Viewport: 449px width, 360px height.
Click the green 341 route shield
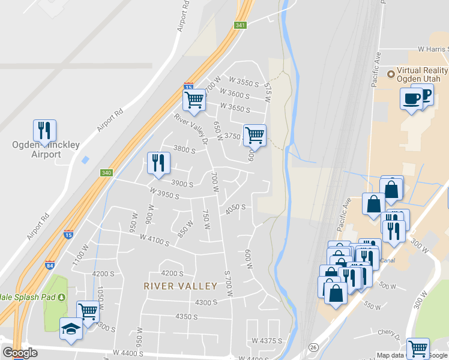(x=240, y=25)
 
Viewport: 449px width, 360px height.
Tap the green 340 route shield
(x=106, y=173)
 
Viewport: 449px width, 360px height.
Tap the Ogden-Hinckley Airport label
(x=37, y=149)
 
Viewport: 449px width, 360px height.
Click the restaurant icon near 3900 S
(x=158, y=162)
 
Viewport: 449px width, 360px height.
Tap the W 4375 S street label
(x=267, y=341)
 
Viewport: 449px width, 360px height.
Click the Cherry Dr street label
(x=388, y=332)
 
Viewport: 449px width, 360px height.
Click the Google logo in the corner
(x=20, y=353)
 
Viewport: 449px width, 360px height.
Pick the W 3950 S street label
(x=165, y=196)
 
